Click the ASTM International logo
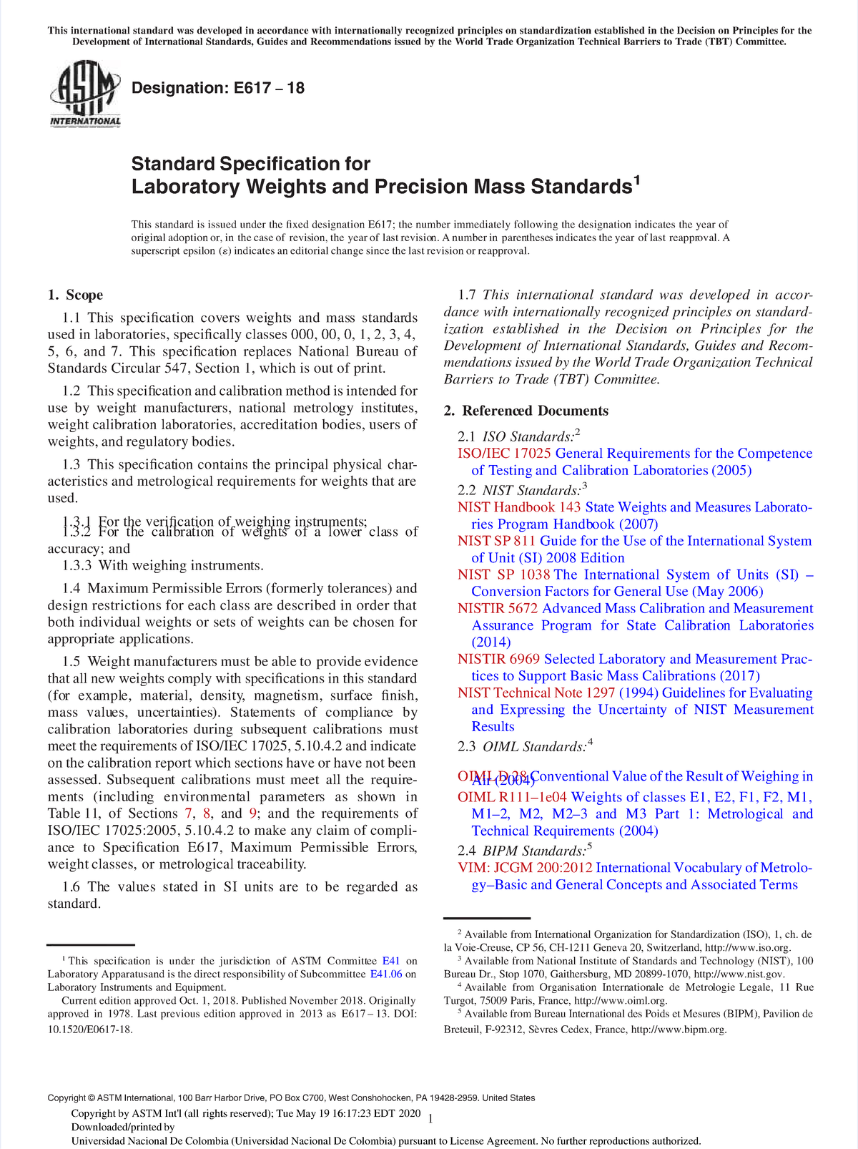[x=84, y=94]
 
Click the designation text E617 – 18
[x=218, y=89]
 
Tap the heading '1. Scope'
[x=75, y=295]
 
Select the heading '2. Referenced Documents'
[x=526, y=411]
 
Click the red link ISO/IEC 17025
[x=504, y=454]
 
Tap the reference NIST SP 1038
[x=504, y=574]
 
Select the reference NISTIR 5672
[x=498, y=608]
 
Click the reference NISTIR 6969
[x=498, y=659]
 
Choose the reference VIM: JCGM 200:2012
[x=525, y=868]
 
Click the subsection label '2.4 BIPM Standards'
[x=525, y=851]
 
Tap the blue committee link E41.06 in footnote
[x=386, y=974]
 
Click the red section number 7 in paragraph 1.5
[x=188, y=814]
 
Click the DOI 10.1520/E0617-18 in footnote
[x=90, y=1030]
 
